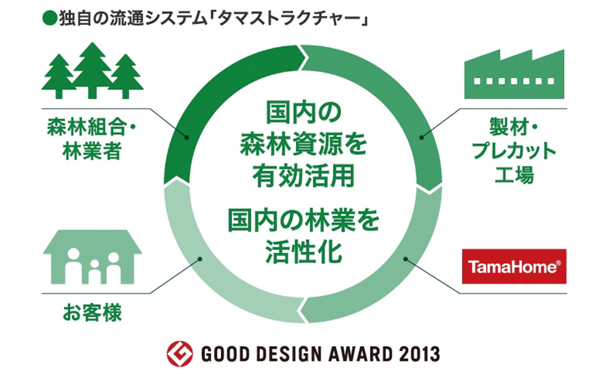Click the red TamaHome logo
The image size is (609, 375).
[514, 266]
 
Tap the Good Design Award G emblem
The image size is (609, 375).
[180, 354]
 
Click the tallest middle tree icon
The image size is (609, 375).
[92, 70]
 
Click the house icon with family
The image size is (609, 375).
[92, 257]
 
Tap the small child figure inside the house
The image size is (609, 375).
[95, 272]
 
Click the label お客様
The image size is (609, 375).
[92, 312]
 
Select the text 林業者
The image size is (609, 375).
[92, 151]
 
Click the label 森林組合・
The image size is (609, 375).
[91, 127]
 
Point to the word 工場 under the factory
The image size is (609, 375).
[514, 175]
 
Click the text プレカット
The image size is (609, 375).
[514, 151]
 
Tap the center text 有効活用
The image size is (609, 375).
[304, 176]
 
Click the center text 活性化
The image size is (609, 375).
[304, 252]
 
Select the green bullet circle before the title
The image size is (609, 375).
[49, 18]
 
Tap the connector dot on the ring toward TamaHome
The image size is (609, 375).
[405, 259]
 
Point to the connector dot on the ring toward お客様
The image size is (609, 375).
[200, 259]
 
